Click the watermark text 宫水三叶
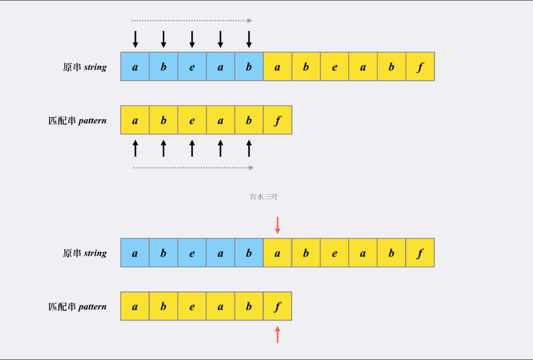pyautogui.click(x=264, y=197)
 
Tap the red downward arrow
pyautogui.click(x=277, y=225)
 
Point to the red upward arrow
pyautogui.click(x=277, y=334)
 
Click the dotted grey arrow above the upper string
pyautogui.click(x=192, y=21)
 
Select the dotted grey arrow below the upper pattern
pyautogui.click(x=193, y=167)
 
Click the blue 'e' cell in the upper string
pyautogui.click(x=192, y=67)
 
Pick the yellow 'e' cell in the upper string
pyautogui.click(x=334, y=67)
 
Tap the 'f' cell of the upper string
pyautogui.click(x=420, y=67)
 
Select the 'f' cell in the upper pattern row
pyautogui.click(x=277, y=120)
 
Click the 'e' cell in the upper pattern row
pyautogui.click(x=192, y=120)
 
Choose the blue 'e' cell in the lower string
pyautogui.click(x=192, y=253)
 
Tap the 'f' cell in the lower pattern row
pyautogui.click(x=277, y=307)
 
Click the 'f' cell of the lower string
pyautogui.click(x=420, y=253)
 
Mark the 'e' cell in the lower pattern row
pyautogui.click(x=192, y=307)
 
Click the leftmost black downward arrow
pyautogui.click(x=135, y=39)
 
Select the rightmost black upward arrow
pyautogui.click(x=249, y=148)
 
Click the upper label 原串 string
pyautogui.click(x=85, y=67)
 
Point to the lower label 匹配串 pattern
pyautogui.click(x=78, y=307)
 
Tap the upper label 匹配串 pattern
pyautogui.click(x=78, y=121)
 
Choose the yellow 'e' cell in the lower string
pyautogui.click(x=334, y=253)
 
